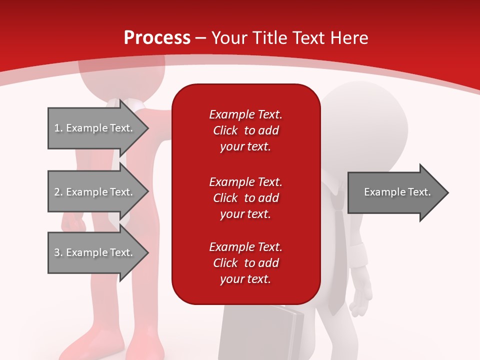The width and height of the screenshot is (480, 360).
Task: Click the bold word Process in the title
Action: click(x=157, y=37)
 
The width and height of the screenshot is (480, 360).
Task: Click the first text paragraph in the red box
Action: click(x=245, y=130)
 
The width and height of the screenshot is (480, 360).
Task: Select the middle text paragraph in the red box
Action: click(x=245, y=198)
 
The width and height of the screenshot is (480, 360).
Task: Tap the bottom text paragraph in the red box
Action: click(x=245, y=263)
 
